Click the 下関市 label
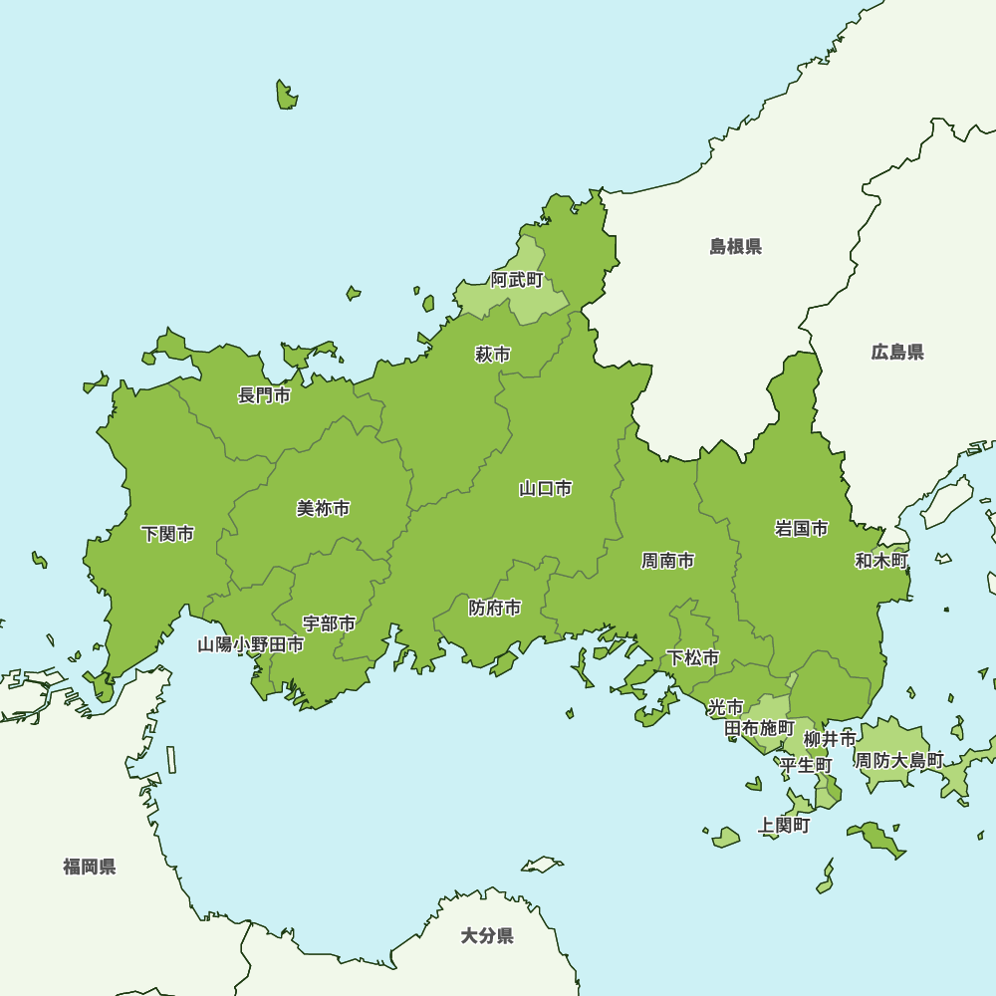point(167,534)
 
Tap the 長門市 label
point(264,395)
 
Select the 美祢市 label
point(324,509)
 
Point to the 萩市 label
point(493,355)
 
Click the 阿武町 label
point(518,280)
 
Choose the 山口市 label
point(546,488)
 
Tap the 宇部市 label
point(330,623)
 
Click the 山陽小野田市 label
point(251,644)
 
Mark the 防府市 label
point(495,608)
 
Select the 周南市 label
point(668,561)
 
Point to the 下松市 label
point(693,657)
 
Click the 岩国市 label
point(802,529)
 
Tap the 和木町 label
point(882,561)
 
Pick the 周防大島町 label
point(899,760)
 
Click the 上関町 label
point(784,826)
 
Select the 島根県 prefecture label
point(736,247)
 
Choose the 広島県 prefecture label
point(897,352)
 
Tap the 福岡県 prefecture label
point(90,867)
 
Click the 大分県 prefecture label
point(487,936)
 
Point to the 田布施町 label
point(760,728)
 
